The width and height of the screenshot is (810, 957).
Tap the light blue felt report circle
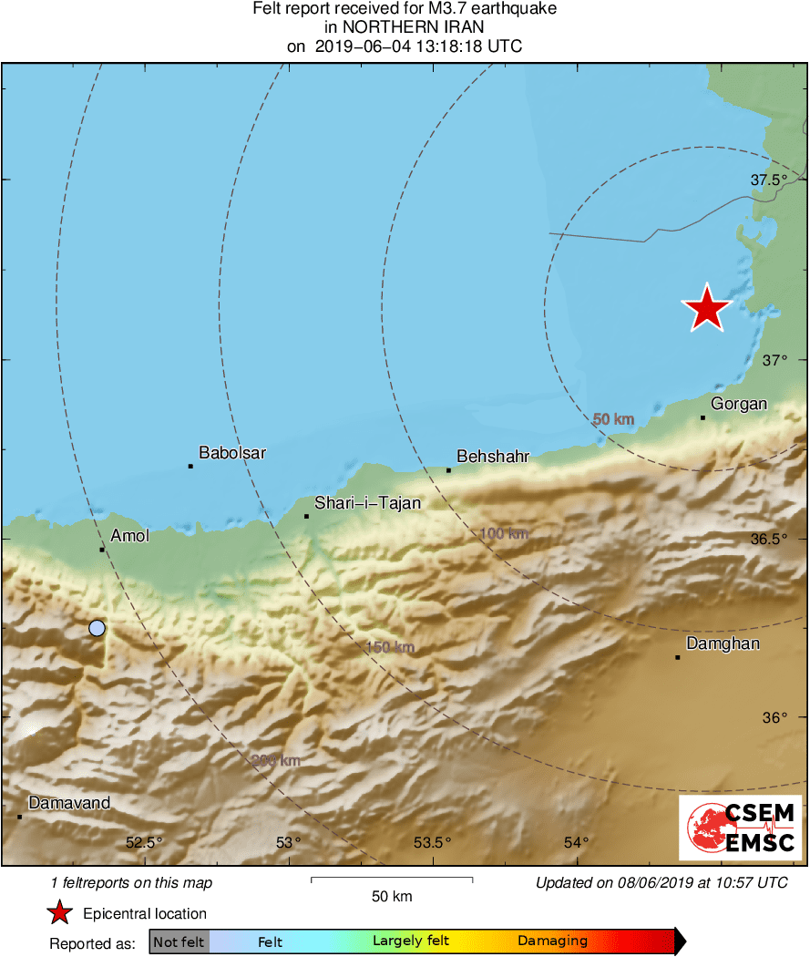(x=97, y=627)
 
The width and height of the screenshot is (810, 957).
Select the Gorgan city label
(x=739, y=404)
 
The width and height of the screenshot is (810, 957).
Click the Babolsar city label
(x=232, y=452)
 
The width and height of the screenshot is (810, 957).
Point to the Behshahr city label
(x=493, y=456)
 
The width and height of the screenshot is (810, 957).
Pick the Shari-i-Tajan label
(x=367, y=502)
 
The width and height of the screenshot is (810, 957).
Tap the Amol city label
(x=129, y=536)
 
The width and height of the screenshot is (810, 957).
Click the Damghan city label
(x=723, y=643)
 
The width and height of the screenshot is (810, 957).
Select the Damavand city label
(x=69, y=803)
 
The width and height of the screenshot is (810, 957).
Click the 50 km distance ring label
(x=613, y=419)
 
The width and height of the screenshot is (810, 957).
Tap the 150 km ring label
(x=390, y=647)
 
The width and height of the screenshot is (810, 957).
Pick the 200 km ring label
(x=276, y=760)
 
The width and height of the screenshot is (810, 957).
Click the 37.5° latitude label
(x=768, y=180)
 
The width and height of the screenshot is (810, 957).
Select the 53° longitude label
(x=288, y=842)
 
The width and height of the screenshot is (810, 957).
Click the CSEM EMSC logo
(x=741, y=828)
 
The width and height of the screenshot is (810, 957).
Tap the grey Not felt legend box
(x=179, y=942)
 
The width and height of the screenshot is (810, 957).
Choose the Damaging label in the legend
(x=553, y=942)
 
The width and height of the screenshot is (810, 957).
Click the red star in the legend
(x=60, y=913)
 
